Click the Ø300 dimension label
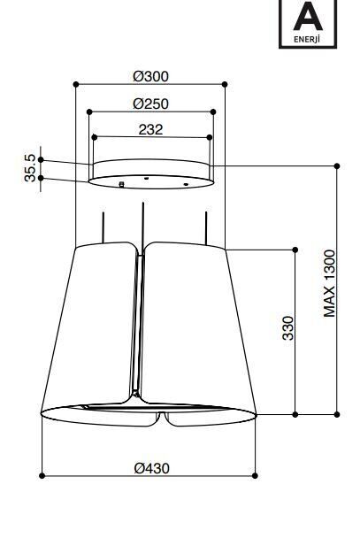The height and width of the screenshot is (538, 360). coord(151,76)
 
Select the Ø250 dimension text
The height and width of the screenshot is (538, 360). coord(151,104)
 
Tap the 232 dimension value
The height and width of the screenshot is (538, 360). coord(150,130)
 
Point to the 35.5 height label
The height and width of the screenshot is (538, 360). coord(30,168)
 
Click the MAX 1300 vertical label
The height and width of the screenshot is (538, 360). coord(329,283)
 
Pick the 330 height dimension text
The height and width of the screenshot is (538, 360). coord(288,328)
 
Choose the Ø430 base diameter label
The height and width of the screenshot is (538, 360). coord(151,468)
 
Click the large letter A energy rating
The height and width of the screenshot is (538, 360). coord(308,16)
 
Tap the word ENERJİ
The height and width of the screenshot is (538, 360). coord(307,39)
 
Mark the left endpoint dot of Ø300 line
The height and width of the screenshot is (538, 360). coord(76,84)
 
